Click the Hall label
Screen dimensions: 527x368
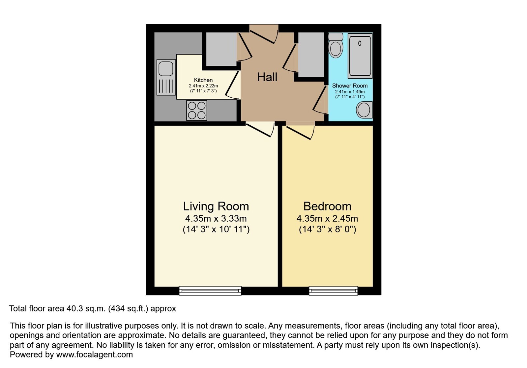tap(267, 77)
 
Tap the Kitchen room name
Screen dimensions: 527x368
tap(203, 80)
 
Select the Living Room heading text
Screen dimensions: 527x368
tap(216, 206)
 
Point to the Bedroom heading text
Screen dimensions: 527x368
tap(327, 206)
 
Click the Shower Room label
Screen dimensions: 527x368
tap(350, 86)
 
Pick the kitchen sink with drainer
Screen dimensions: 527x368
tap(166, 77)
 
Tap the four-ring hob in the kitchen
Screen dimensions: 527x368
tap(197, 110)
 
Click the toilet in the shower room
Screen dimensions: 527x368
tap(336, 45)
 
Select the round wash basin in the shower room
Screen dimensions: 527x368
tap(364, 110)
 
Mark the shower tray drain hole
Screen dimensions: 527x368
tap(360, 43)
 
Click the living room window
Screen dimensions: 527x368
tap(210, 290)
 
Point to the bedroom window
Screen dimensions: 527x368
tap(333, 290)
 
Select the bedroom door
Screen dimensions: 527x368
tap(300, 131)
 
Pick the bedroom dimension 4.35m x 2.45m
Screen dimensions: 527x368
tap(327, 219)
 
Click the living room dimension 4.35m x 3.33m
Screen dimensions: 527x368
tap(216, 219)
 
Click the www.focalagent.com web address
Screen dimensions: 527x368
tap(94, 355)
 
